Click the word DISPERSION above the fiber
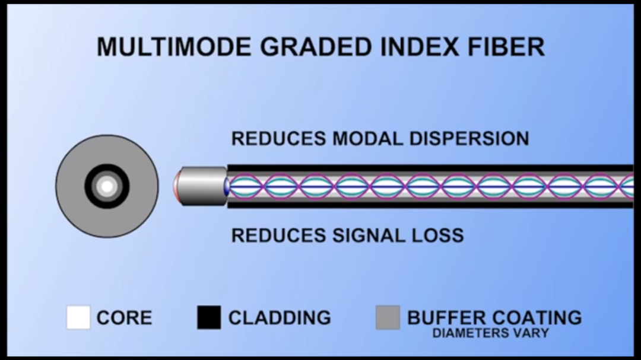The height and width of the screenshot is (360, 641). click(x=460, y=139)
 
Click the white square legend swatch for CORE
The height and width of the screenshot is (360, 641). click(x=78, y=317)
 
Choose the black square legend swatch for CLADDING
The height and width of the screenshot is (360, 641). click(x=209, y=317)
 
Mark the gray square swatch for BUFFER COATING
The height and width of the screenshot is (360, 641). click(x=388, y=317)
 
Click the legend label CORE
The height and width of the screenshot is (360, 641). click(x=124, y=318)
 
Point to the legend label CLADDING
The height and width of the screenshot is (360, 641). click(x=280, y=318)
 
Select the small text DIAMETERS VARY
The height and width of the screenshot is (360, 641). click(x=490, y=333)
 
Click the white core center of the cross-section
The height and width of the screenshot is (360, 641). click(x=107, y=186)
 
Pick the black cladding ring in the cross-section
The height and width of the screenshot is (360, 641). click(x=90, y=186)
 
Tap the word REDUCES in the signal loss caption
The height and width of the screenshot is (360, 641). click(x=272, y=235)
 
